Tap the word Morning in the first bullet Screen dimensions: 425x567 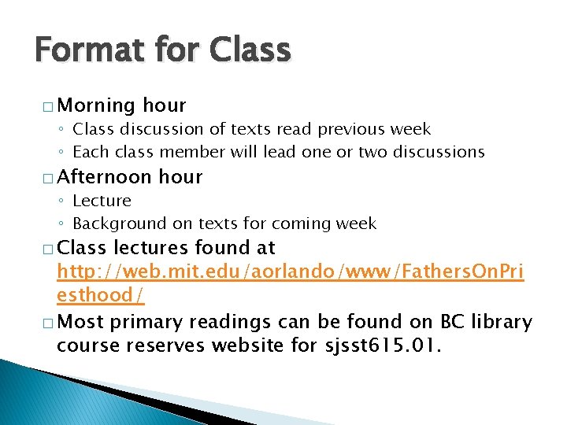pos(97,105)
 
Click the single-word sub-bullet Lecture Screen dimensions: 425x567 pos(102,201)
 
